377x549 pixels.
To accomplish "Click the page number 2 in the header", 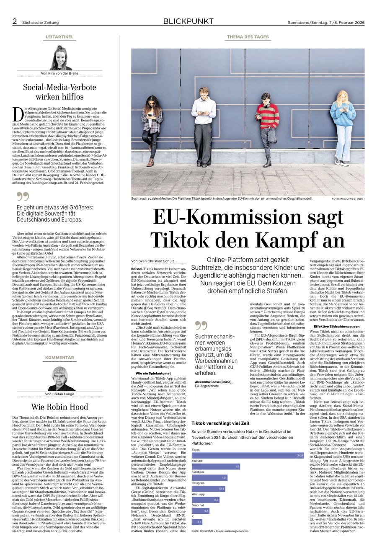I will pos(15,21).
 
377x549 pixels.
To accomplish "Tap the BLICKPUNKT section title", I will pos(188,21).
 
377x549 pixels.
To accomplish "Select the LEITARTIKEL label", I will pos(59,37).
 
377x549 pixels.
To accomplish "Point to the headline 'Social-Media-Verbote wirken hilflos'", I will pos(59,92).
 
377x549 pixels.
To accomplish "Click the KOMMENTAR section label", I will pos(59,358).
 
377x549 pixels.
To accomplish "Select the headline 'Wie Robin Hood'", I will pos(59,407).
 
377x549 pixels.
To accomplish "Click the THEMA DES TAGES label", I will pos(248,37).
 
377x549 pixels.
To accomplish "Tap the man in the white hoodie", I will pos(203,121).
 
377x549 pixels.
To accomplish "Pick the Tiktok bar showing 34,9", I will pos(248,455).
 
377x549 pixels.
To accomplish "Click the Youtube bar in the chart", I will pos(216,466).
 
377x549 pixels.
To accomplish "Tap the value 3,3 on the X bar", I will pos(199,522).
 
